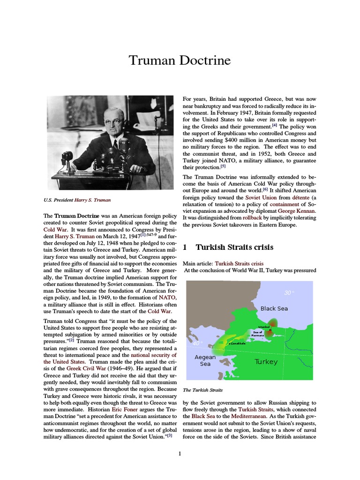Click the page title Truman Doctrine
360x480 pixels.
click(x=180, y=61)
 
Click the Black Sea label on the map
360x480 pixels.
click(x=274, y=308)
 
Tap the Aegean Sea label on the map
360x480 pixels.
click(x=205, y=360)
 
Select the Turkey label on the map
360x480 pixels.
click(x=266, y=362)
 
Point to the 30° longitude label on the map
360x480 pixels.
click(x=289, y=293)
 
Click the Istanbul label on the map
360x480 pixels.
click(x=264, y=327)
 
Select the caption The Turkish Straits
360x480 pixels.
click(x=202, y=390)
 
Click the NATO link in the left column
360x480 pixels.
click(x=167, y=297)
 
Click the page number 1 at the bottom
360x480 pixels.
click(x=180, y=453)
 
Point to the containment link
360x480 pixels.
click(x=282, y=204)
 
